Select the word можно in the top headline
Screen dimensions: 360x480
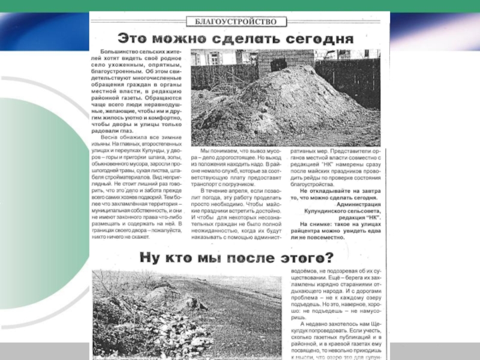(190, 39)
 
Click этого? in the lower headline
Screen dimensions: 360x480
(306, 259)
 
